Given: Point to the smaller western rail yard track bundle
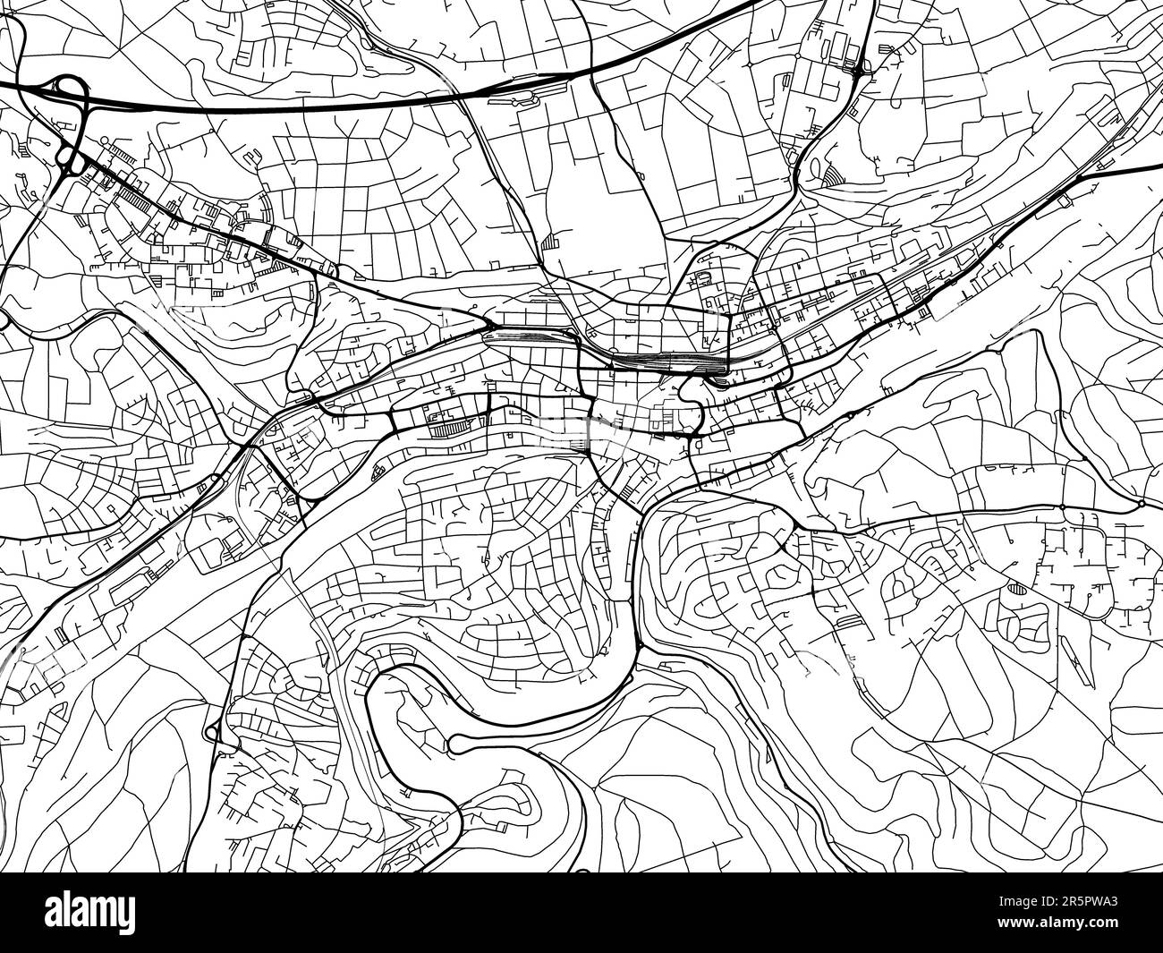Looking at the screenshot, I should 528,336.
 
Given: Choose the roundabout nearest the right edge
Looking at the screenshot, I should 1142,505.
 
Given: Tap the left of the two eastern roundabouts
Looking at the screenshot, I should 1062,506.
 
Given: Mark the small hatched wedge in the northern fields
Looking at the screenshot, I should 548,240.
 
